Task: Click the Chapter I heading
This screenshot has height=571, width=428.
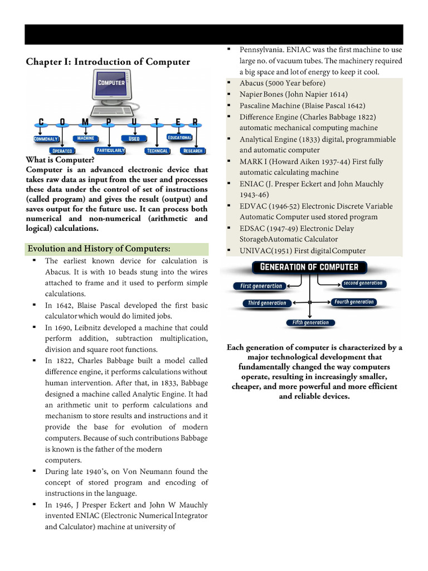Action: click(108, 62)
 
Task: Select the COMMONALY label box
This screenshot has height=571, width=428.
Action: click(46, 139)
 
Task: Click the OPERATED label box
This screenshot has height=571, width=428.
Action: click(62, 151)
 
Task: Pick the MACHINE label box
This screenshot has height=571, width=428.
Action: click(85, 138)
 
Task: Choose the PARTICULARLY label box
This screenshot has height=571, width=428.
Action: click(110, 151)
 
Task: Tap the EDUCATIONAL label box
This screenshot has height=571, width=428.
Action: click(179, 138)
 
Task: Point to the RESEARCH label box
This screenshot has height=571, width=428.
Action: click(193, 151)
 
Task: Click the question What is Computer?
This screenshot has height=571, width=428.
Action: click(60, 160)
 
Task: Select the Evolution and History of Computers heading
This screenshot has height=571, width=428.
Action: click(99, 249)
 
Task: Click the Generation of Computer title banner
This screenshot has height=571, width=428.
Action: click(309, 267)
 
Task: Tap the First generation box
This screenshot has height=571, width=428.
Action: click(261, 286)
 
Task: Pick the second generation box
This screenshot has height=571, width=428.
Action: click(363, 283)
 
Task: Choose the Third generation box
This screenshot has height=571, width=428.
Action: click(267, 303)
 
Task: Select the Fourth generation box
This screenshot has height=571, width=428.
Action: click(354, 302)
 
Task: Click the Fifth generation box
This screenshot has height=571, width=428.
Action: click(310, 323)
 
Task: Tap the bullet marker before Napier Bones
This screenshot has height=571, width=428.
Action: click(229, 94)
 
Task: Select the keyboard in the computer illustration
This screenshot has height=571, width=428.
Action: click(113, 111)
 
